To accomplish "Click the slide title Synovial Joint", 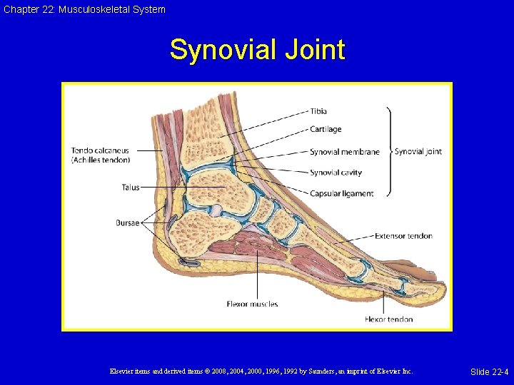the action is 257,51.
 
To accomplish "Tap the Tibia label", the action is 318,111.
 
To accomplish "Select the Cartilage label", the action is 326,129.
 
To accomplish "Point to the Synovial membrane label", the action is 344,152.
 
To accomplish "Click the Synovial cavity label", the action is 336,173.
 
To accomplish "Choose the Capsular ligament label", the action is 341,194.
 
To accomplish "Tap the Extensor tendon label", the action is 403,236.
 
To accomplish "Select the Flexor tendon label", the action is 388,319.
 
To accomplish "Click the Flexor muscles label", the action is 252,304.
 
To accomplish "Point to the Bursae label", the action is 128,223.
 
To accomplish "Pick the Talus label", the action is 131,188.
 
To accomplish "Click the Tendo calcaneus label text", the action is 100,150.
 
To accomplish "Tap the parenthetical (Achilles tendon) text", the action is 100,160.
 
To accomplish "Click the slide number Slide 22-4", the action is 489,371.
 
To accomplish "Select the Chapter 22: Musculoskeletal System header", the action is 84,9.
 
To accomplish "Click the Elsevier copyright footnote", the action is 261,371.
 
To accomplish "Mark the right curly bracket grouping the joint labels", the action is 389,152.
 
